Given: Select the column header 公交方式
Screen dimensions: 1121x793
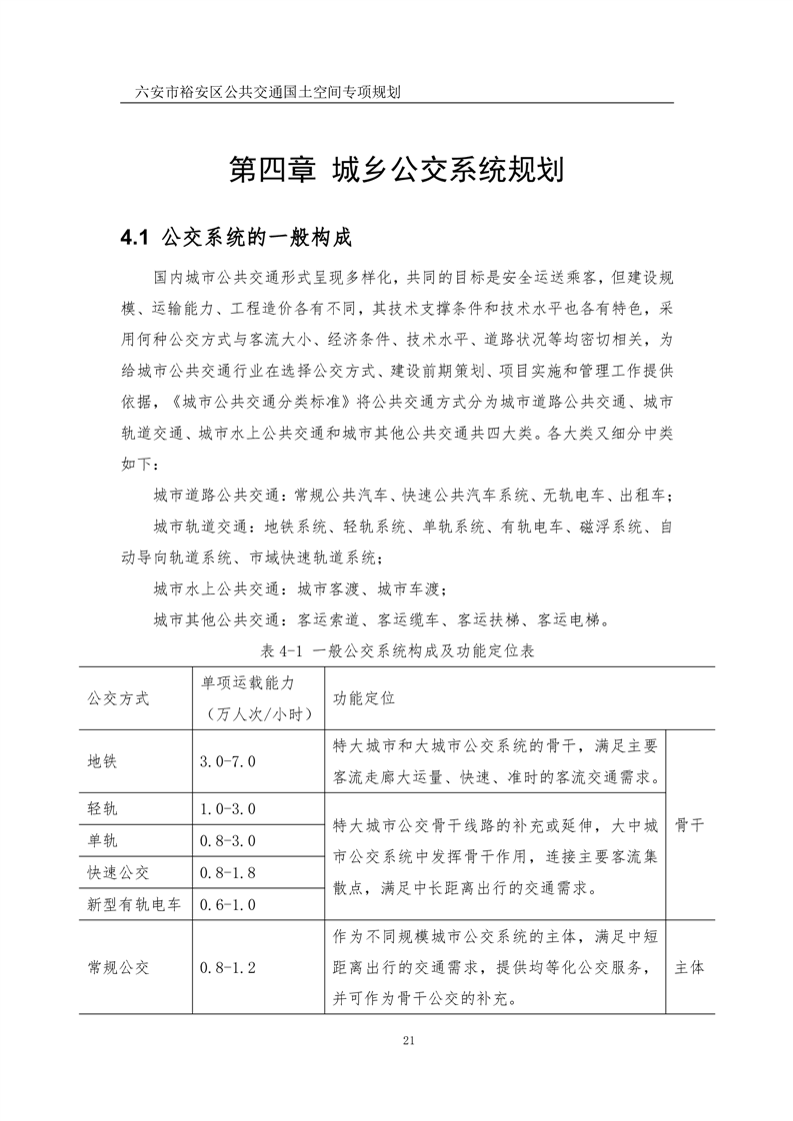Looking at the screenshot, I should pyautogui.click(x=118, y=698).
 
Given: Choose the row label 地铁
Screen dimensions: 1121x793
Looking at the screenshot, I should pyautogui.click(x=103, y=761).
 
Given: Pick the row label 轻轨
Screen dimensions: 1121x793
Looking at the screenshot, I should pyautogui.click(x=103, y=807).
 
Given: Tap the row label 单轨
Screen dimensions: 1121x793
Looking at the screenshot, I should pyautogui.click(x=103, y=840).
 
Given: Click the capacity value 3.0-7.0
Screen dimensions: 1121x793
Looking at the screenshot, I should pyautogui.click(x=228, y=761).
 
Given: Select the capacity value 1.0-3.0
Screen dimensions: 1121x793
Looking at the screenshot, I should pyautogui.click(x=228, y=807).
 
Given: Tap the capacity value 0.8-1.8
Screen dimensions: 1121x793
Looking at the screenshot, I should pyautogui.click(x=228, y=872).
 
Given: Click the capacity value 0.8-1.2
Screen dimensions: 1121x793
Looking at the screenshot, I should pyautogui.click(x=228, y=967).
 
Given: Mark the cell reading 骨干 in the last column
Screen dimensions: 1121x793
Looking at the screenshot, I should pyautogui.click(x=690, y=825).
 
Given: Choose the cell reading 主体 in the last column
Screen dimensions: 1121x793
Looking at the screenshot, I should pyautogui.click(x=690, y=967).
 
